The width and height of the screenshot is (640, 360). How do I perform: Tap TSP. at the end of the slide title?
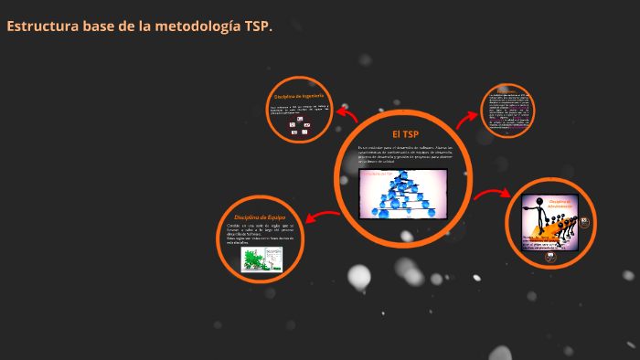258,26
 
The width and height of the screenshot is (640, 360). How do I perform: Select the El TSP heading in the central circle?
403,133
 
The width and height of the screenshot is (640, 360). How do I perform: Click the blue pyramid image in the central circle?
403,193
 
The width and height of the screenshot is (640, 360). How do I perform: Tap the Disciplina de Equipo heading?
260,216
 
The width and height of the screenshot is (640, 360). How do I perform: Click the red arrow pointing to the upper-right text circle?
467,117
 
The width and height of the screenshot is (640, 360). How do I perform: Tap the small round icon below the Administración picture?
550,257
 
